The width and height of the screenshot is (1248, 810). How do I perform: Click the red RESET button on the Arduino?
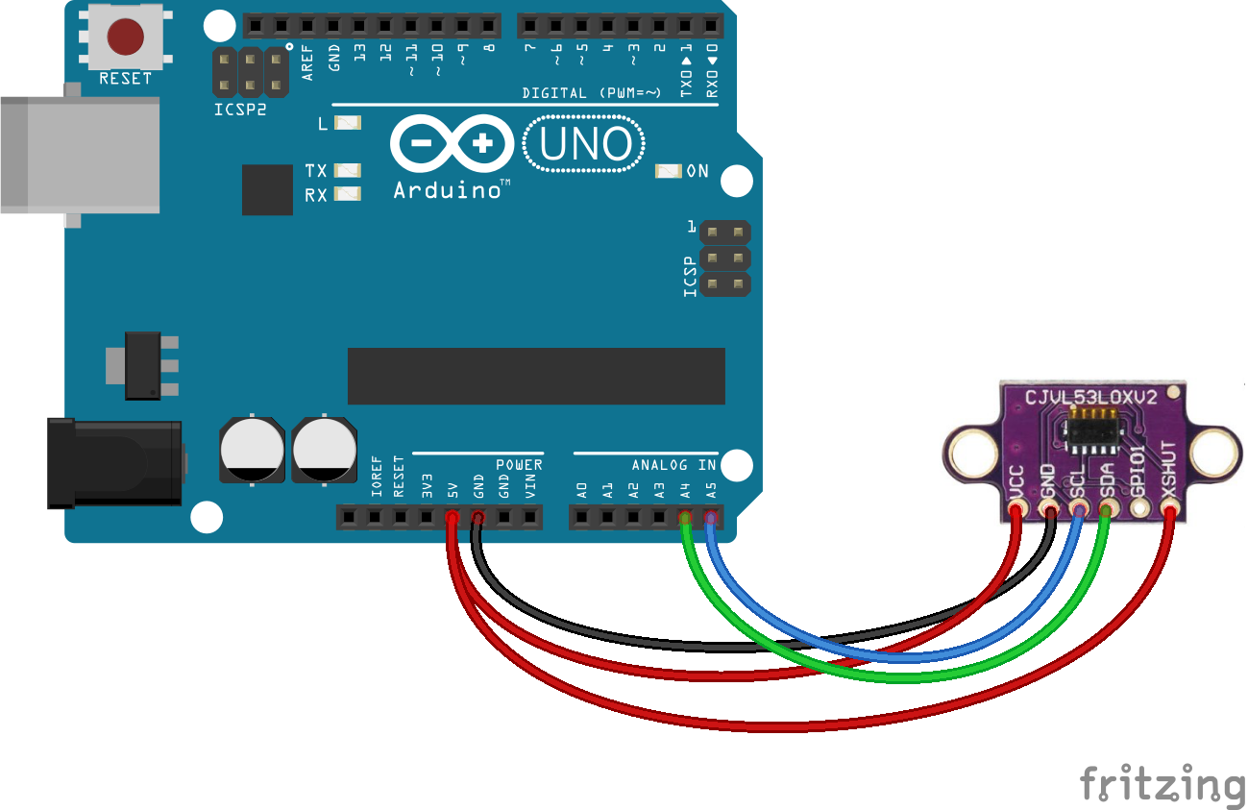126,37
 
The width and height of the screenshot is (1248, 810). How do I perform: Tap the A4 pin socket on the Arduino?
685,519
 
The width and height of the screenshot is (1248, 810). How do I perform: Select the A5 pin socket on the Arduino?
711,519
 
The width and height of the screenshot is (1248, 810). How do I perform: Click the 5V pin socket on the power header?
452,519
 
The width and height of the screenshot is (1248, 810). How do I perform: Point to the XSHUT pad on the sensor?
1169,508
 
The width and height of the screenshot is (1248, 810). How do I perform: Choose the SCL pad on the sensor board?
1078,508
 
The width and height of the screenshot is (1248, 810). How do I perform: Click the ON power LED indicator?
668,171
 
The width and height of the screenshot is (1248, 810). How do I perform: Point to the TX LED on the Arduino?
347,170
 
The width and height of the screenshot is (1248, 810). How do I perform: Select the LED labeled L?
347,123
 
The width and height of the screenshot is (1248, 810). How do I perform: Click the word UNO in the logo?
585,144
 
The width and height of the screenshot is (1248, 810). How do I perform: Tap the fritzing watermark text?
1161,784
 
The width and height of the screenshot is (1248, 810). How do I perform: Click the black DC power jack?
115,463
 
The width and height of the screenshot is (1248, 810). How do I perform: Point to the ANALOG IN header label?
673,465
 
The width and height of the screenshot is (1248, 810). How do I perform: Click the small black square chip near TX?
267,189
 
